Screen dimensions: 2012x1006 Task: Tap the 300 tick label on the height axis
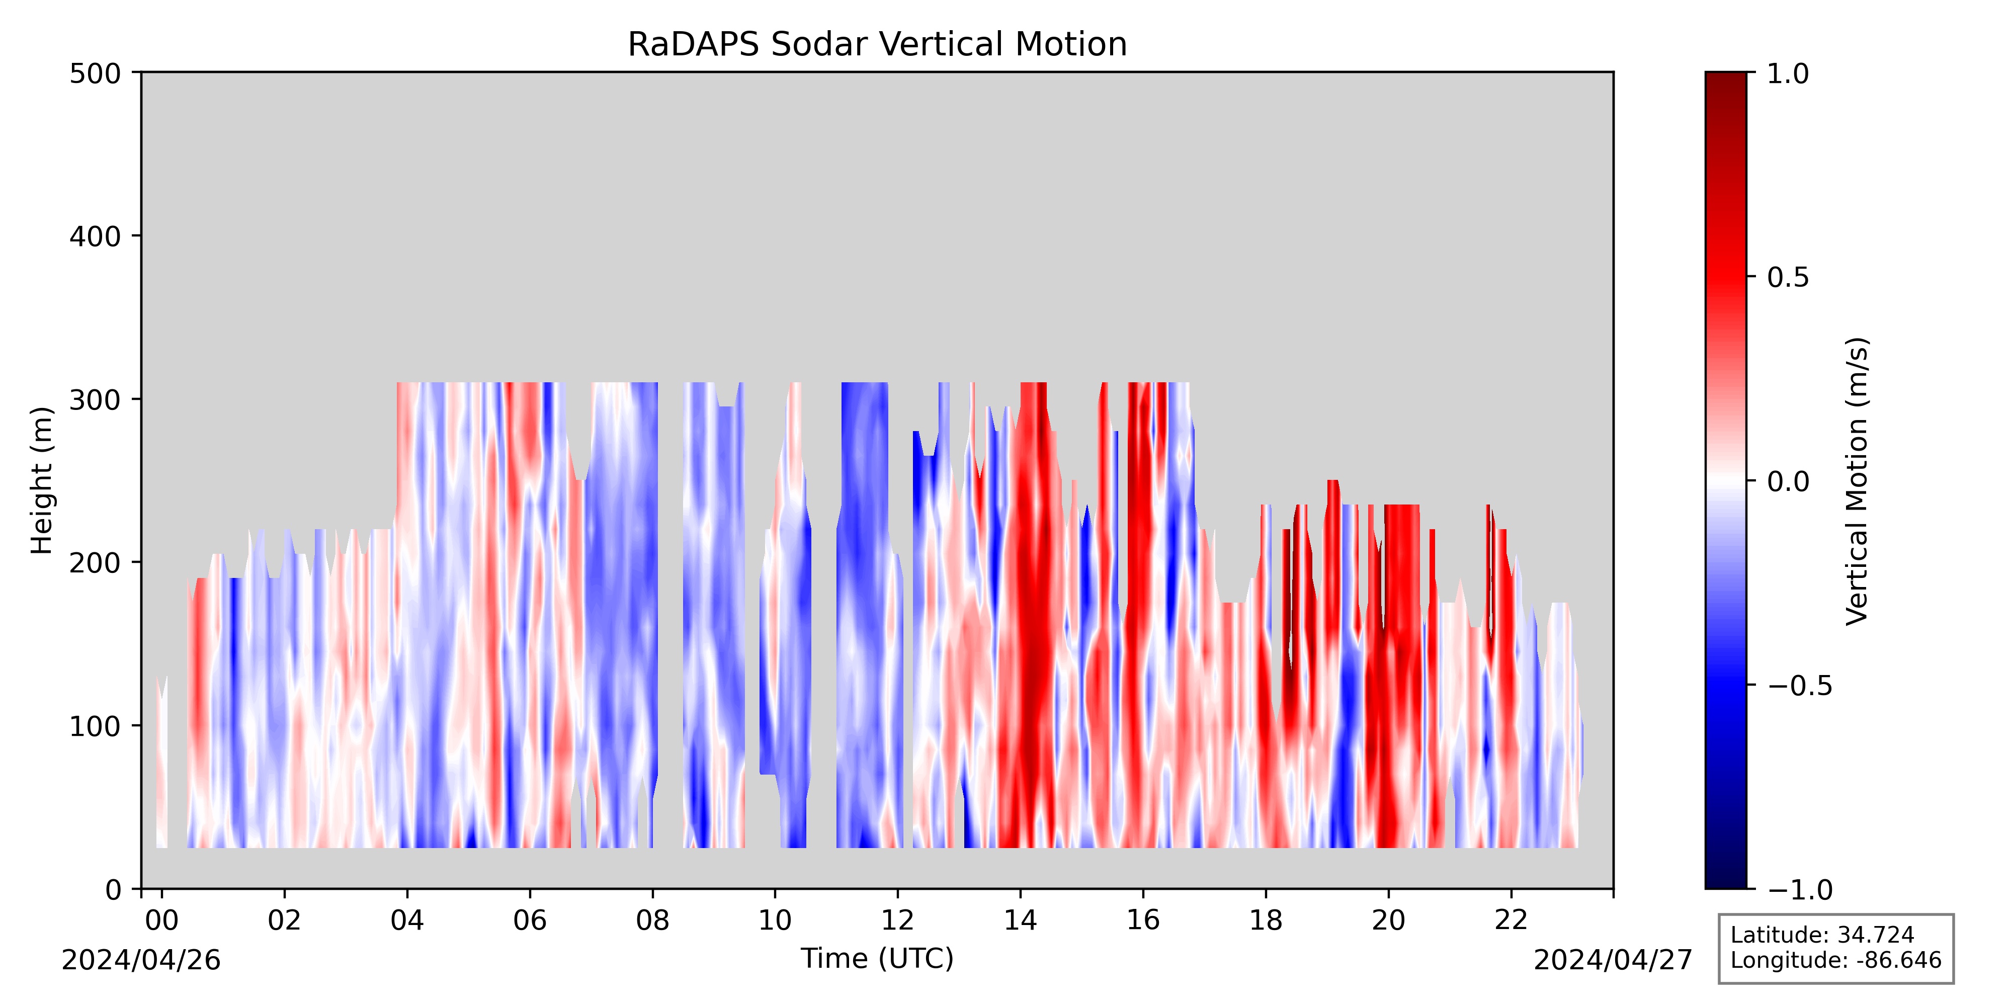pyautogui.click(x=95, y=400)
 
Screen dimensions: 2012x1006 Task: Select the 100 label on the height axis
pyautogui.click(x=95, y=726)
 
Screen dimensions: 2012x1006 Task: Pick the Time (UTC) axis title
pyautogui.click(x=877, y=958)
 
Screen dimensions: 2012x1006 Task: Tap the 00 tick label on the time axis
pyautogui.click(x=161, y=921)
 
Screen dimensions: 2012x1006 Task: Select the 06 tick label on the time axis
pyautogui.click(x=530, y=921)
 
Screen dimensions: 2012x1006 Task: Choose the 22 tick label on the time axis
pyautogui.click(x=1511, y=921)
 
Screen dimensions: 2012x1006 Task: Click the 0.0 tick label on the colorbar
pyautogui.click(x=1789, y=481)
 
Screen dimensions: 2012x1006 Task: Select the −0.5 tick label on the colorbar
pyautogui.click(x=1800, y=685)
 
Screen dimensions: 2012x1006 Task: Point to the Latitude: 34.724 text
pyautogui.click(x=1822, y=935)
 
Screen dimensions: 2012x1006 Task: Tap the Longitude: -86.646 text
pyautogui.click(x=1835, y=960)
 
